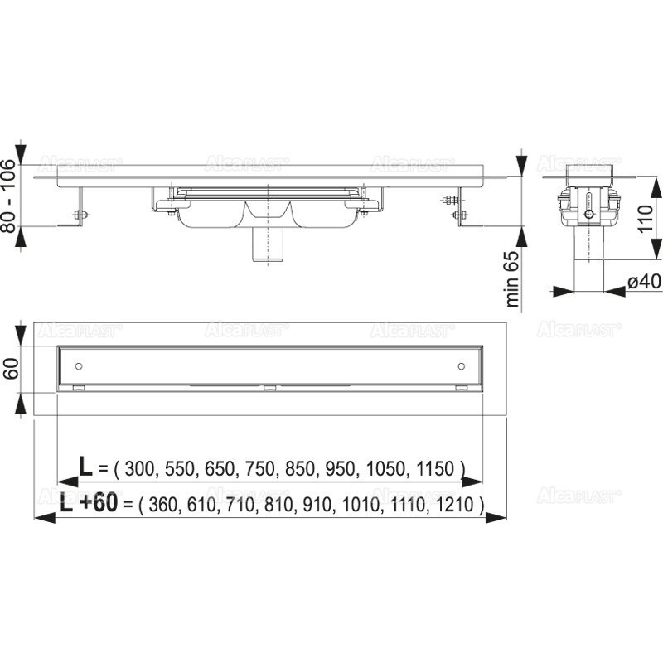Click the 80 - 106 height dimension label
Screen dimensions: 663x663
coord(8,196)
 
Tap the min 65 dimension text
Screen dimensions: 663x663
coord(512,279)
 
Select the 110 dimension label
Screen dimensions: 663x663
coord(646,218)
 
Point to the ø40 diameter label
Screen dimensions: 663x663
coord(644,281)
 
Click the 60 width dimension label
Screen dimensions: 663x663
coord(11,368)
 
